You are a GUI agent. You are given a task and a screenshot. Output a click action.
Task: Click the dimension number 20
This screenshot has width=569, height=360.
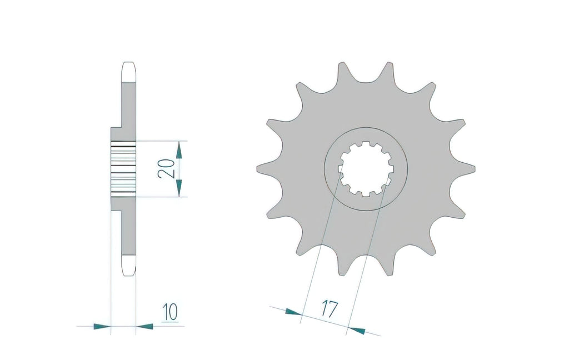[165, 169]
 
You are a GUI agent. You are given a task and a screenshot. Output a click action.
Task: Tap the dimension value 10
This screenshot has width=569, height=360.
[170, 312]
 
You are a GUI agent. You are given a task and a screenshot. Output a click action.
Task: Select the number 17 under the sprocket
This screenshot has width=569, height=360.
[330, 309]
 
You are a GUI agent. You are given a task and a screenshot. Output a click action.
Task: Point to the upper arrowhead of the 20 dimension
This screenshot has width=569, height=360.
[178, 150]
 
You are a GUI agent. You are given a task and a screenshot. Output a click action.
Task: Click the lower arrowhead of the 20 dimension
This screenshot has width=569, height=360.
[178, 188]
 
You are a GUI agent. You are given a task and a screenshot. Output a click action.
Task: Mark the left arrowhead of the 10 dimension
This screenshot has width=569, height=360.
[102, 327]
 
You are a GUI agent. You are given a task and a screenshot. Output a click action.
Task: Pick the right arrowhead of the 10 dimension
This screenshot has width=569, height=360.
[144, 327]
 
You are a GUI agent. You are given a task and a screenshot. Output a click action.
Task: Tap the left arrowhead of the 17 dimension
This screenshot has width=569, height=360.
[293, 312]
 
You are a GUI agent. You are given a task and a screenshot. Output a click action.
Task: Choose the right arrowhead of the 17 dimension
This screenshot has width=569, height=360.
[356, 330]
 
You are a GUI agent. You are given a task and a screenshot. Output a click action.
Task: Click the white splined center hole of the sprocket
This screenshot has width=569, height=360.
[366, 169]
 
